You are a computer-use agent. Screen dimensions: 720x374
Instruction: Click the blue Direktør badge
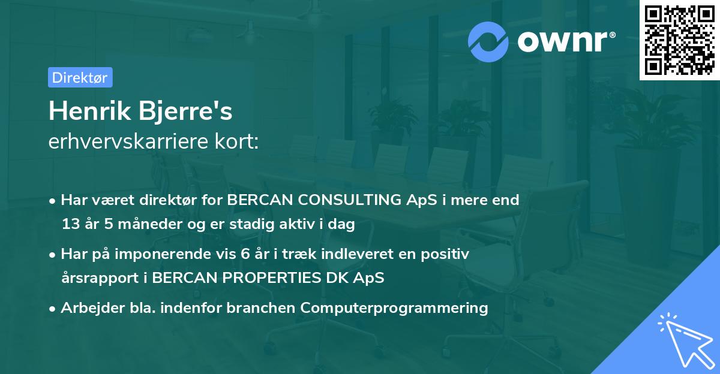coord(80,77)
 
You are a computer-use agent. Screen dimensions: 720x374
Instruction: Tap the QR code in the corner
coord(679,40)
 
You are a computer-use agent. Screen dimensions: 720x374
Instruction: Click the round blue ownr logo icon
coord(488,42)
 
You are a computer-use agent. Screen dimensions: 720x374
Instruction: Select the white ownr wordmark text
coord(566,42)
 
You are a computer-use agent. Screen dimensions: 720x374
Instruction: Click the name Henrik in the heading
coord(90,111)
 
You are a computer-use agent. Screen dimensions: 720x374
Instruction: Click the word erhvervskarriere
coord(128,141)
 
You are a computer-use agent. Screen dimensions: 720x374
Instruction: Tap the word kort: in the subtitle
coord(237,141)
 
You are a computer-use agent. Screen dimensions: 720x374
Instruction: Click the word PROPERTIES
coord(272,278)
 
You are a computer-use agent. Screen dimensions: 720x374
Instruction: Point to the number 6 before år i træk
coord(245,254)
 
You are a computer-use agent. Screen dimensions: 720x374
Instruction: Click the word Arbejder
coord(92,309)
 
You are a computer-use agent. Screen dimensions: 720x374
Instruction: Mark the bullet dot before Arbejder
coord(52,309)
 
